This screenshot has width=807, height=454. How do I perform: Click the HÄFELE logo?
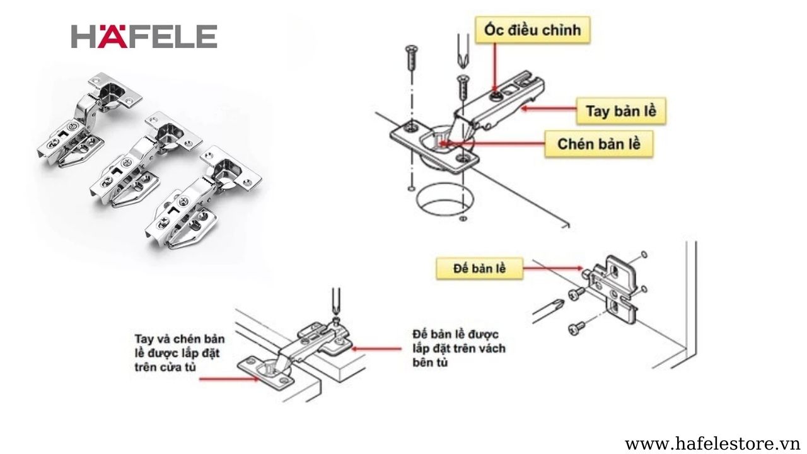click(144, 37)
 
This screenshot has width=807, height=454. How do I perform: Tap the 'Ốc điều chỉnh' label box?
click(533, 30)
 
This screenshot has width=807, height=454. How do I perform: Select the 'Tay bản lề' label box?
click(621, 110)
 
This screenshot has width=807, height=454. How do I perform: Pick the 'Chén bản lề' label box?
click(599, 144)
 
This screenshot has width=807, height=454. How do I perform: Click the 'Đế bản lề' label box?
click(480, 269)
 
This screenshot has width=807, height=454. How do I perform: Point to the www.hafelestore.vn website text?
click(714, 444)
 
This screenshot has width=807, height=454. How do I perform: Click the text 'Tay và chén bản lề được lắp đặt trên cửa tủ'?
click(180, 352)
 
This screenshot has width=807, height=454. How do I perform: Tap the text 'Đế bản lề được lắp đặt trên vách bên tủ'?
click(459, 348)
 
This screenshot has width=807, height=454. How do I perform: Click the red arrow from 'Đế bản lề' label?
click(553, 268)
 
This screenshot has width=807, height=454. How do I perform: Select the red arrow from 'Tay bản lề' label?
click(549, 108)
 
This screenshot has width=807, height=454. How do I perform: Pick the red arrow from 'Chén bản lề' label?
click(492, 143)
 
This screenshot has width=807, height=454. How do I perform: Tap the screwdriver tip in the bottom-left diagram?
click(336, 315)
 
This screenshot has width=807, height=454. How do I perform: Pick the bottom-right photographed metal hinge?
click(203, 198)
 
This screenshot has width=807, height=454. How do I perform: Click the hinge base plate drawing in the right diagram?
click(612, 289)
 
